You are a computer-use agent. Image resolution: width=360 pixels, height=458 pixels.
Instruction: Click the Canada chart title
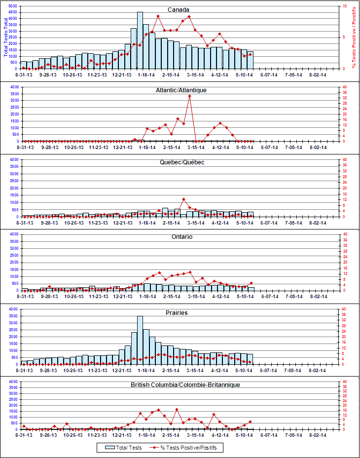coord(178,10)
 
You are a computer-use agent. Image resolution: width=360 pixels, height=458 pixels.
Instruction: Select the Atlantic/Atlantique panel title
coord(181,90)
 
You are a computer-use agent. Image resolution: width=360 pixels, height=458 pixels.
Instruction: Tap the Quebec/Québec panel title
coord(181,162)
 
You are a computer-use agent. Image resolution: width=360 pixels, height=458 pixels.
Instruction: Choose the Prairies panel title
coord(178,313)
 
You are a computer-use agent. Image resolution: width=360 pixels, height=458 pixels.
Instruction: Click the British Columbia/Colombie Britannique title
coord(185,384)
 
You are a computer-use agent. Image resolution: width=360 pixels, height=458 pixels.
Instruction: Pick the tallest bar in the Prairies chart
coord(140,341)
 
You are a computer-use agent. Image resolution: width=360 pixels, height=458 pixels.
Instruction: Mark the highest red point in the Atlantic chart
coord(189,96)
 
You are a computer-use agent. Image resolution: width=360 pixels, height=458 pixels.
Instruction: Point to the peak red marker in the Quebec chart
coord(183,199)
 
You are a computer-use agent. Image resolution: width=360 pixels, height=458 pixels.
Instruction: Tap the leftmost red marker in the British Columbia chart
coord(24,425)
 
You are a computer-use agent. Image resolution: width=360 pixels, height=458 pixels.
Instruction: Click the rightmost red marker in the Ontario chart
coord(251,283)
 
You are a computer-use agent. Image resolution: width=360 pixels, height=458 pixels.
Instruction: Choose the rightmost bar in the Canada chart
coord(251,60)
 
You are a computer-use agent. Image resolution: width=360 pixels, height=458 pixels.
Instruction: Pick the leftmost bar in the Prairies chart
coord(24,363)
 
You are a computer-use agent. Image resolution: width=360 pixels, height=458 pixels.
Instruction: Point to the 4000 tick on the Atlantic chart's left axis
coord(14,87)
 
